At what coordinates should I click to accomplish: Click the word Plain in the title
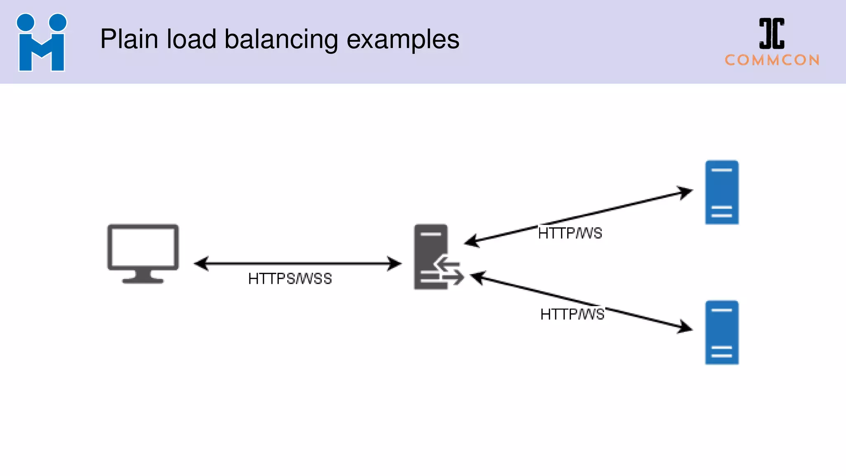[129, 40]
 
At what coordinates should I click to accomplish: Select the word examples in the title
[403, 40]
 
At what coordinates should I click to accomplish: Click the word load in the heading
[191, 40]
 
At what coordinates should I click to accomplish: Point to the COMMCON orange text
[772, 60]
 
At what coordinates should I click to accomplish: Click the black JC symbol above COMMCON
[772, 33]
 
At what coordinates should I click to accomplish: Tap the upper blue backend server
[722, 193]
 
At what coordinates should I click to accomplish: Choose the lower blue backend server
[722, 333]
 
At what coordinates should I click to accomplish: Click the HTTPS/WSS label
[290, 279]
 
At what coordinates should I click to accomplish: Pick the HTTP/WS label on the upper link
[570, 233]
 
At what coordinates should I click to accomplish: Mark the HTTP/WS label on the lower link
[572, 314]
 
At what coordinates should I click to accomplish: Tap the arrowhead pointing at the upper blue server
[686, 192]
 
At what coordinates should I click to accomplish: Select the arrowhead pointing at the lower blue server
[686, 328]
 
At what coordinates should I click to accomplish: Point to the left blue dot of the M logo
[26, 22]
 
